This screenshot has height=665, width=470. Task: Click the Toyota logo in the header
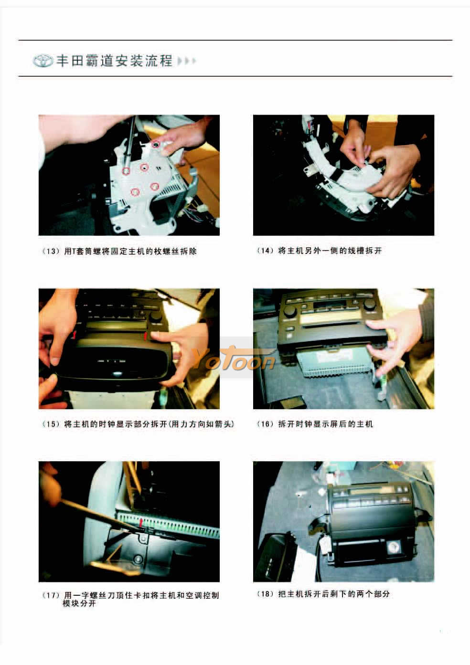[x=43, y=61]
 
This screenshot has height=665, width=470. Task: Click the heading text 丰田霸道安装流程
[x=114, y=61]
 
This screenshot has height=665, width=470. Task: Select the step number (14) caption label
[x=265, y=251]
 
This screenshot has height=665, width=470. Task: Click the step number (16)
[x=265, y=424]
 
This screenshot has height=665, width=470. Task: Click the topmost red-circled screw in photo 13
[x=156, y=145]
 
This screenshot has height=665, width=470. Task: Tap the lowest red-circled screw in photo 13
[x=135, y=192]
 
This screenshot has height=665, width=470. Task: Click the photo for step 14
[x=343, y=175]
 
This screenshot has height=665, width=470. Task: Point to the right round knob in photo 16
[x=370, y=304]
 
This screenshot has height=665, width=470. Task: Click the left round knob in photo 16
[x=289, y=311]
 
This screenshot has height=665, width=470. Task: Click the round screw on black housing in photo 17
[x=138, y=559]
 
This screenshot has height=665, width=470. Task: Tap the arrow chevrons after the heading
[x=187, y=61]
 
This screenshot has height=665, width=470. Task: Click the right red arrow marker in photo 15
[x=145, y=337]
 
